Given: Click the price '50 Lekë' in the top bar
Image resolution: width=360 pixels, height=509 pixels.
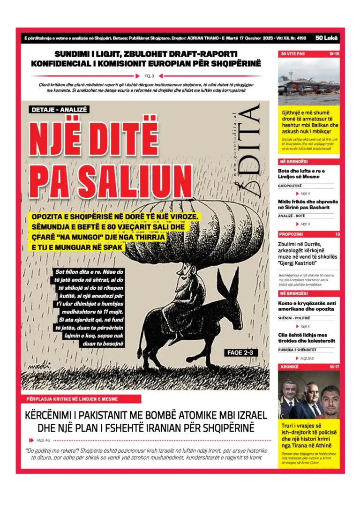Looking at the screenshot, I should point(326,38).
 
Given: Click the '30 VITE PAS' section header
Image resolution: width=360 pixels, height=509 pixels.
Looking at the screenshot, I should point(293,54).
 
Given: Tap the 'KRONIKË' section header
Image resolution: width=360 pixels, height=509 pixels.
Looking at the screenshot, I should point(290,366).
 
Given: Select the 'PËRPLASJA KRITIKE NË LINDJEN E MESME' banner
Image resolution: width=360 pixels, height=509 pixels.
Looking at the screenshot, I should point(81,399).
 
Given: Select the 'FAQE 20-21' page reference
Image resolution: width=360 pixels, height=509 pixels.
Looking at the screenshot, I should point(307,358).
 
